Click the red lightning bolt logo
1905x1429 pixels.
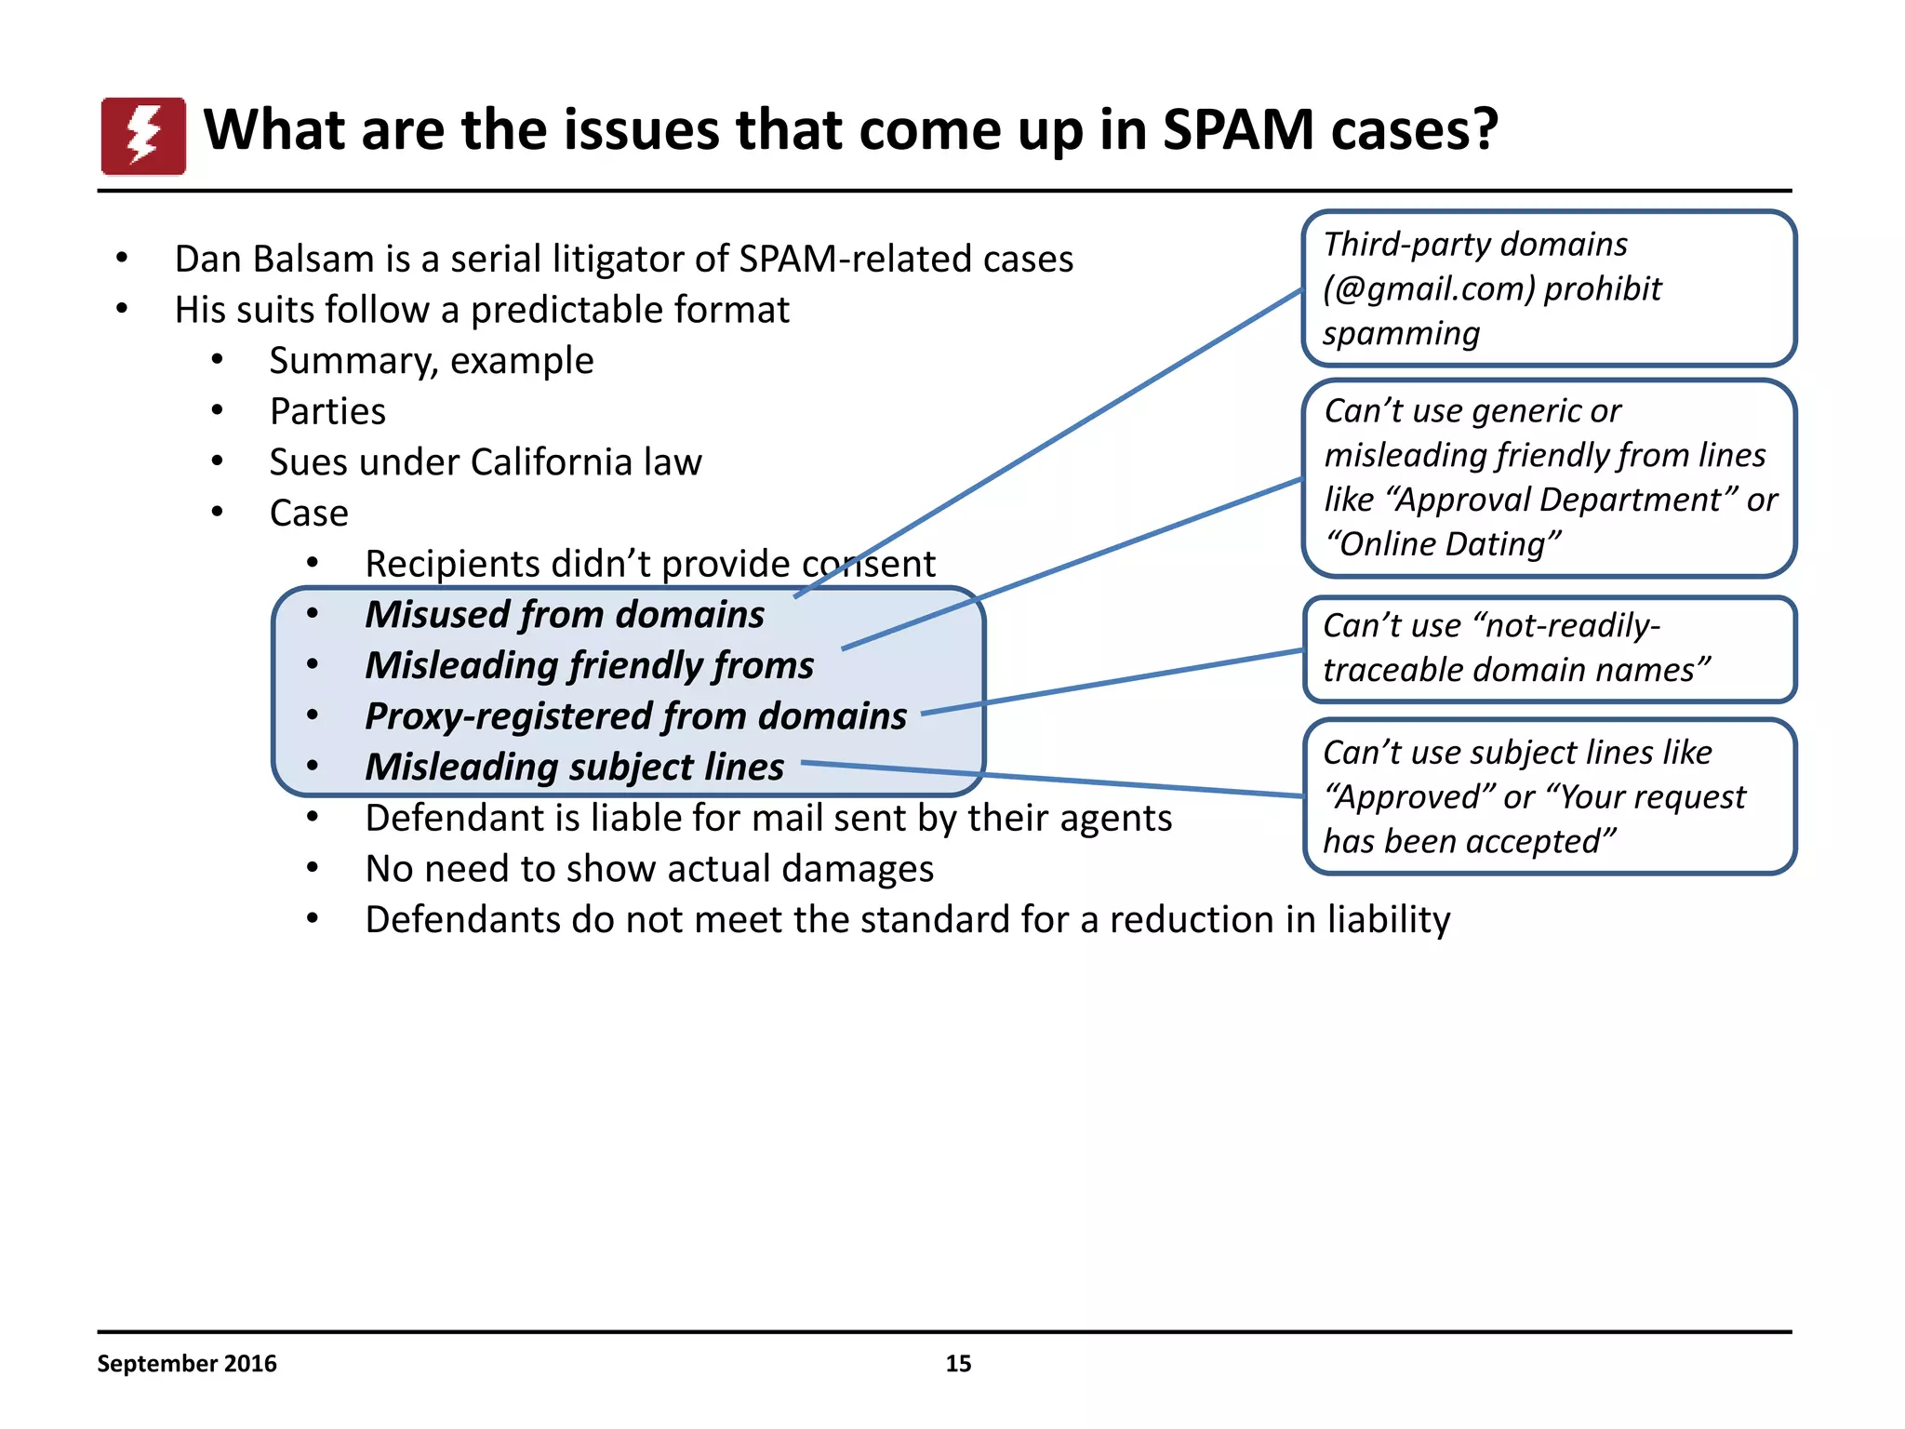143,136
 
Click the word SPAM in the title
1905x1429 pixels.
1238,129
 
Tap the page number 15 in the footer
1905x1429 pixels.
958,1363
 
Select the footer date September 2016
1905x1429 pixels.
187,1363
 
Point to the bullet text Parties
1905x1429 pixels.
327,411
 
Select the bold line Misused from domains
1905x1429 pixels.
565,615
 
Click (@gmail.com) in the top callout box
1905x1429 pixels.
1429,288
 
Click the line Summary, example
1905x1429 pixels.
432,361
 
